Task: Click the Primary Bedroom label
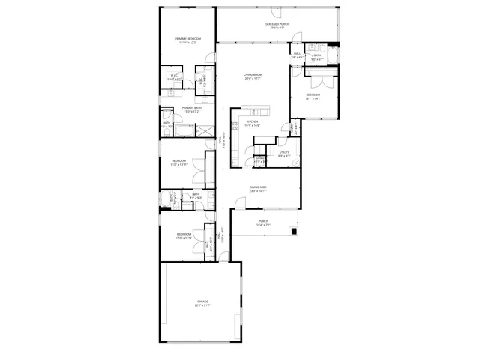click(x=187, y=38)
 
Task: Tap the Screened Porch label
click(x=276, y=24)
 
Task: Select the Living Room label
click(x=252, y=74)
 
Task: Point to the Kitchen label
click(x=251, y=121)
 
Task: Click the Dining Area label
click(x=259, y=187)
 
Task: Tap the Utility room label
click(x=284, y=152)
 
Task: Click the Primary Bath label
click(x=192, y=108)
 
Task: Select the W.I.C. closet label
click(x=174, y=75)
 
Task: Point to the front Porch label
click(x=263, y=221)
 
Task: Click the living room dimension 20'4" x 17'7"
click(x=252, y=79)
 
